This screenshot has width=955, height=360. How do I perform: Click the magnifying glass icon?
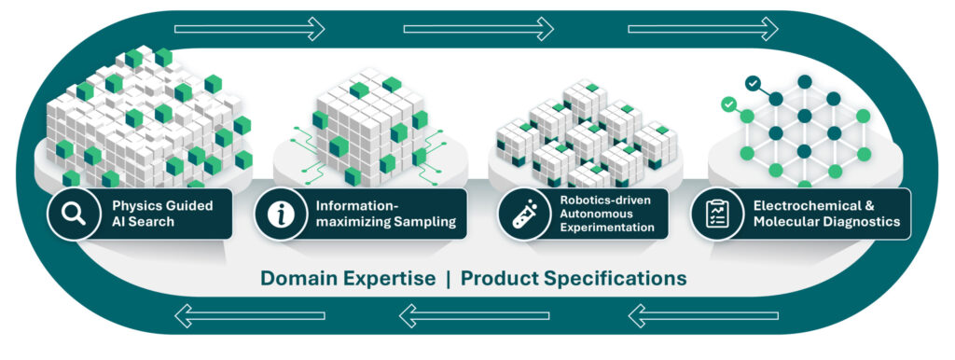coord(74,214)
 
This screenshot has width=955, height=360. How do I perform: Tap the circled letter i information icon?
coord(281,215)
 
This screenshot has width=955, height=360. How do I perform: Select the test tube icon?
coord(524,214)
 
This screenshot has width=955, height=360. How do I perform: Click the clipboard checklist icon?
coord(717,214)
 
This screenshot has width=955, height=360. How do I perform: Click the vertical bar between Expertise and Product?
coord(449,279)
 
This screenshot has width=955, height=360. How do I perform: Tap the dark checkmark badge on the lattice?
coord(754,83)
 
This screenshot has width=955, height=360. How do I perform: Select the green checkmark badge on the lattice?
coord(727,104)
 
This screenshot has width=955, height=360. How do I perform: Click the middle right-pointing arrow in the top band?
coord(478,29)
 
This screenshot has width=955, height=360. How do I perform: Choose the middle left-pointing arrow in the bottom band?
coord(475,315)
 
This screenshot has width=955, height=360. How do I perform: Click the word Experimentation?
coord(608,228)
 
